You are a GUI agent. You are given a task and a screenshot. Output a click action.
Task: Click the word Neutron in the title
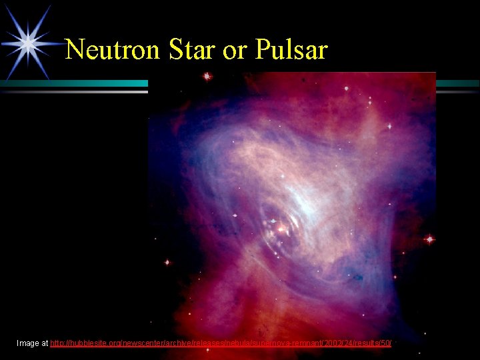113,50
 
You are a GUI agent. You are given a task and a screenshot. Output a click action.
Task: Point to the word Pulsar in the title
291,50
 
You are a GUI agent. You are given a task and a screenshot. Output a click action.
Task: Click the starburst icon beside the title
28,43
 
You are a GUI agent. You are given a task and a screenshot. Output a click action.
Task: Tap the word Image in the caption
28,343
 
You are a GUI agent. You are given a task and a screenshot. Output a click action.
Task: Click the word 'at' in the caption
45,343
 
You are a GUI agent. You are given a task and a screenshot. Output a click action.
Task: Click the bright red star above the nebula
207,77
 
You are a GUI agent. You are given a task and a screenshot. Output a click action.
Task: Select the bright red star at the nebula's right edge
429,239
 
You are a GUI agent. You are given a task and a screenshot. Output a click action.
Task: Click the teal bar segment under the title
73,83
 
